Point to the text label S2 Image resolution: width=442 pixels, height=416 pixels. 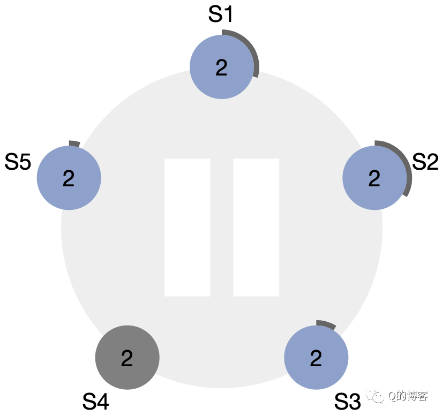pyautogui.click(x=425, y=162)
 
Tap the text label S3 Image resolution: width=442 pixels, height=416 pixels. pyautogui.click(x=348, y=402)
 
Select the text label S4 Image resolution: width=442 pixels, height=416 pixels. pyautogui.click(x=96, y=402)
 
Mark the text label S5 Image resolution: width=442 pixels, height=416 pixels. pyautogui.click(x=18, y=162)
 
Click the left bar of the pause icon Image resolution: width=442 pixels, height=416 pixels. pyautogui.click(x=187, y=227)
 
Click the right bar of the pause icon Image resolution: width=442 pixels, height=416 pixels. pyautogui.click(x=256, y=227)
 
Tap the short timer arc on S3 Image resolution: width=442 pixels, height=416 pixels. pyautogui.click(x=326, y=324)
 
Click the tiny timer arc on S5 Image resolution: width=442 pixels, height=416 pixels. pyautogui.click(x=74, y=143)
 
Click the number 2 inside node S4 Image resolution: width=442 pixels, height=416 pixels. pyautogui.click(x=127, y=358)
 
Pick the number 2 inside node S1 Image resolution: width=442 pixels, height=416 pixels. pyautogui.click(x=221, y=67)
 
